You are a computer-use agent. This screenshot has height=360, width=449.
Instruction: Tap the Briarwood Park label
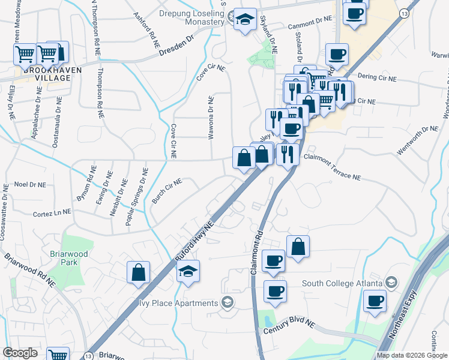tap(77, 258)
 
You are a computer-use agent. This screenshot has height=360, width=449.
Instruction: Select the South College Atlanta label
tap(342, 283)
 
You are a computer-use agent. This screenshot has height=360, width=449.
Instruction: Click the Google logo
tap(20, 353)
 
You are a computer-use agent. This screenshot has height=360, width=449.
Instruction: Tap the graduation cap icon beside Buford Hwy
tap(188, 273)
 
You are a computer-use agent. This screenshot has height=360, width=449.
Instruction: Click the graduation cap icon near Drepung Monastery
tap(245, 20)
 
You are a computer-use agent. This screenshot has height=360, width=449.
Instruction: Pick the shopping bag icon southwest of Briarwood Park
tap(138, 273)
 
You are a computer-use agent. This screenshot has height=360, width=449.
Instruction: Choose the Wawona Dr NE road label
tap(211, 119)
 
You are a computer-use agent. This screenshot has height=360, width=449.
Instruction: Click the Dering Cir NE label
tap(376, 78)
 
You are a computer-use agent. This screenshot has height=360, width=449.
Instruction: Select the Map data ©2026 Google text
tap(411, 355)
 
